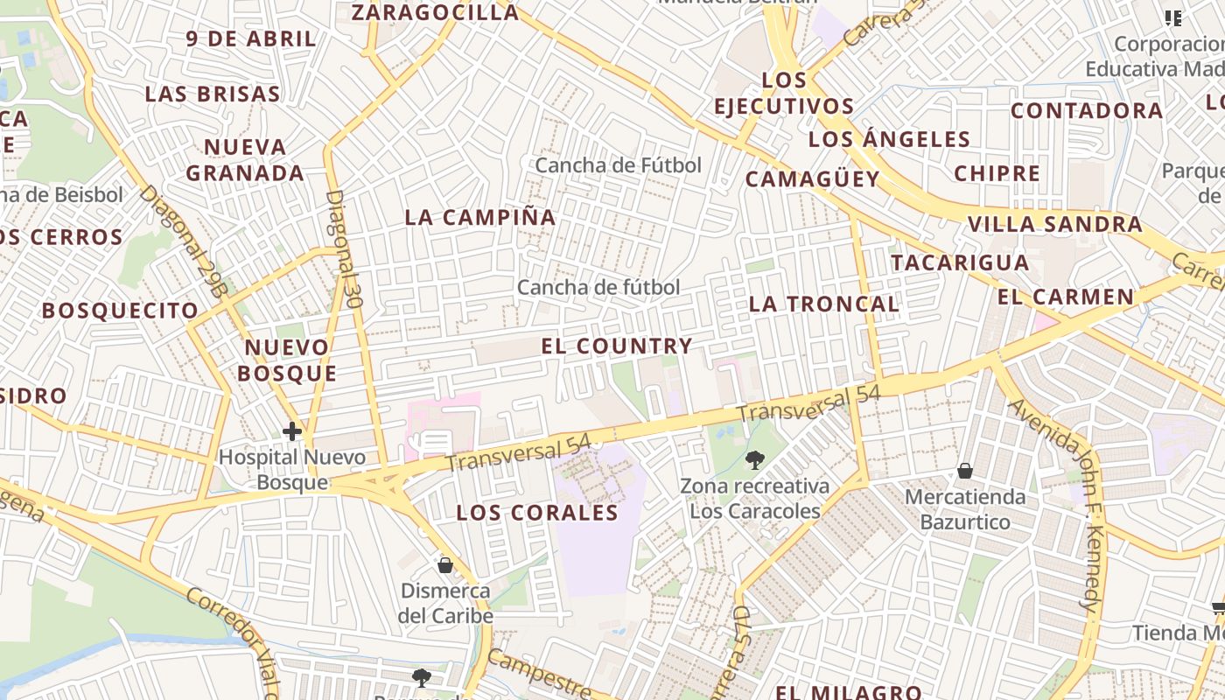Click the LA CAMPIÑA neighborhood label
coord(480,217)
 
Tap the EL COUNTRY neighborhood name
coord(617,346)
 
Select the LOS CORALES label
coord(537,513)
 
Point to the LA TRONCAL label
coord(824,304)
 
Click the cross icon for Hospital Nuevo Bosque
coord(292,431)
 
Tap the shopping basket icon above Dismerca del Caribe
coord(444,565)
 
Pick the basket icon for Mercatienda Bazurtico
coord(965,472)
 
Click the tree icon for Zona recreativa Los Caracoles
coord(754,459)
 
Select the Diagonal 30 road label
coord(343,248)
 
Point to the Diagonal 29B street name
coord(183,240)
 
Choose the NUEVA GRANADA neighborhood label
coord(245,159)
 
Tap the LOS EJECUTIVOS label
coord(784,93)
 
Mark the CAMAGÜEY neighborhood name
coord(812,179)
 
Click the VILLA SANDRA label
coord(1054,224)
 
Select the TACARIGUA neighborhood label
coord(960,262)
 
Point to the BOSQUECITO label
coord(120,311)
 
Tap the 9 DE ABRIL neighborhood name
coord(251,38)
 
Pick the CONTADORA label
coord(1087,110)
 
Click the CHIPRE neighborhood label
coord(997,173)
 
